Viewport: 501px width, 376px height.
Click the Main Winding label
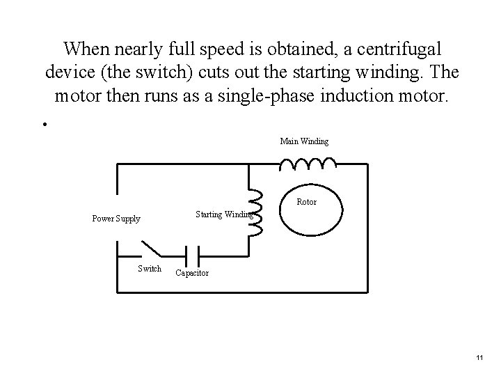(x=304, y=141)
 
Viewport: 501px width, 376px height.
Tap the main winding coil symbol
(x=307, y=164)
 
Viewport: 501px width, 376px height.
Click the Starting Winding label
(x=223, y=214)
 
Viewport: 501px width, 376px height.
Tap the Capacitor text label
(x=191, y=273)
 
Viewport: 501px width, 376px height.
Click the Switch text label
(x=150, y=269)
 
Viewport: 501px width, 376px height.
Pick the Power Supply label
(x=116, y=219)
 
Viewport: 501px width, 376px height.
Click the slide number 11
(x=479, y=357)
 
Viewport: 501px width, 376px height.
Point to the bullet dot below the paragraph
(x=43, y=125)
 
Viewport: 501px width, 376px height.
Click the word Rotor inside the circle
(x=306, y=202)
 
